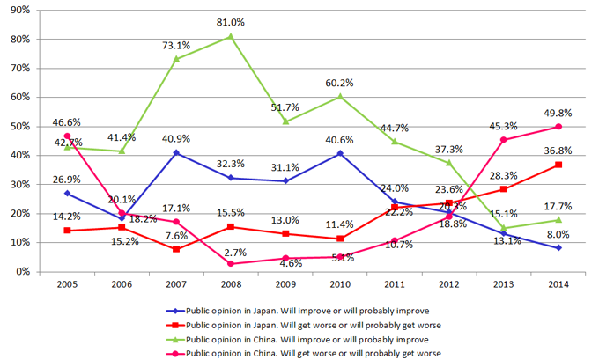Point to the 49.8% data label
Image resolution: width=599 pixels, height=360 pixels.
(555, 113)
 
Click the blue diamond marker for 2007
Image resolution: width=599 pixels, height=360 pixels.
(176, 153)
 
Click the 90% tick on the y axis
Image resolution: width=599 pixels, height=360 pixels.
(20, 11)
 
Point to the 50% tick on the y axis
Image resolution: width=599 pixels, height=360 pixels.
(20, 127)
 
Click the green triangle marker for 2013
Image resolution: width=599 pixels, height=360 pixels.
(501, 228)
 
